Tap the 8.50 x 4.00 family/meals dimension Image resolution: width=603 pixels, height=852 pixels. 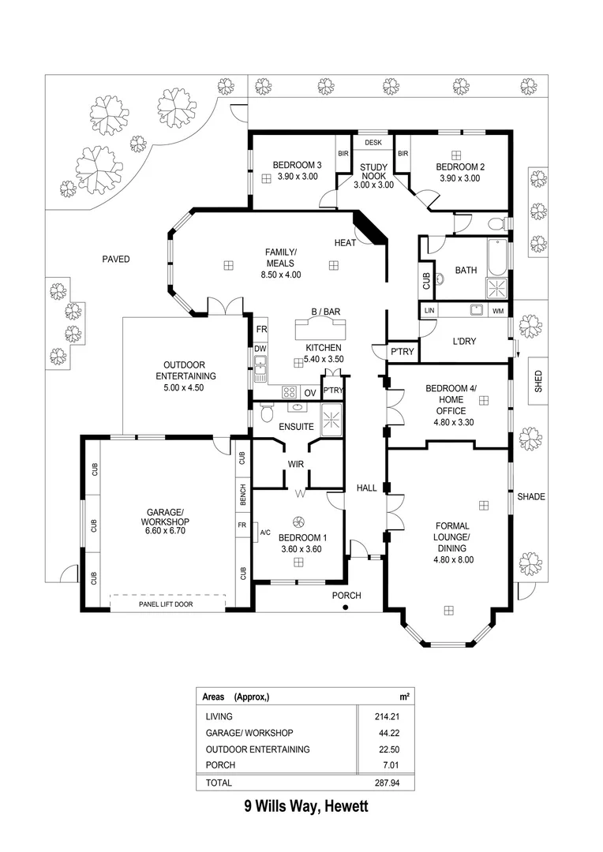[280, 275]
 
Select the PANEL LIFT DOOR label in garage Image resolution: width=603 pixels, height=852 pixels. [166, 604]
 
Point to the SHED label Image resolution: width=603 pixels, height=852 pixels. [538, 381]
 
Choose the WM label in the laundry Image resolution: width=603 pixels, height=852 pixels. [497, 312]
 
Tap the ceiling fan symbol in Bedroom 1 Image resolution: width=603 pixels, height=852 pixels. [298, 521]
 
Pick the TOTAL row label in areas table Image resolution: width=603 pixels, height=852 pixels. [219, 783]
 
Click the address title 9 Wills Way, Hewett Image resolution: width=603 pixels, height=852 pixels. [305, 806]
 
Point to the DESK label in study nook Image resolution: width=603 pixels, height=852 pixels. [373, 143]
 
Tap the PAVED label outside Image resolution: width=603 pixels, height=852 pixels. [116, 259]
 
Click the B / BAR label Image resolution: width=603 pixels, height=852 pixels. [324, 312]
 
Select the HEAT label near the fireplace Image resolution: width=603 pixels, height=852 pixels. [345, 242]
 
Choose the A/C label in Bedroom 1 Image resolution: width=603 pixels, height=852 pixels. [265, 532]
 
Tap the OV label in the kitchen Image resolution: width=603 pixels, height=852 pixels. [309, 391]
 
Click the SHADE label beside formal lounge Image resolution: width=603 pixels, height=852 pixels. [531, 497]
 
